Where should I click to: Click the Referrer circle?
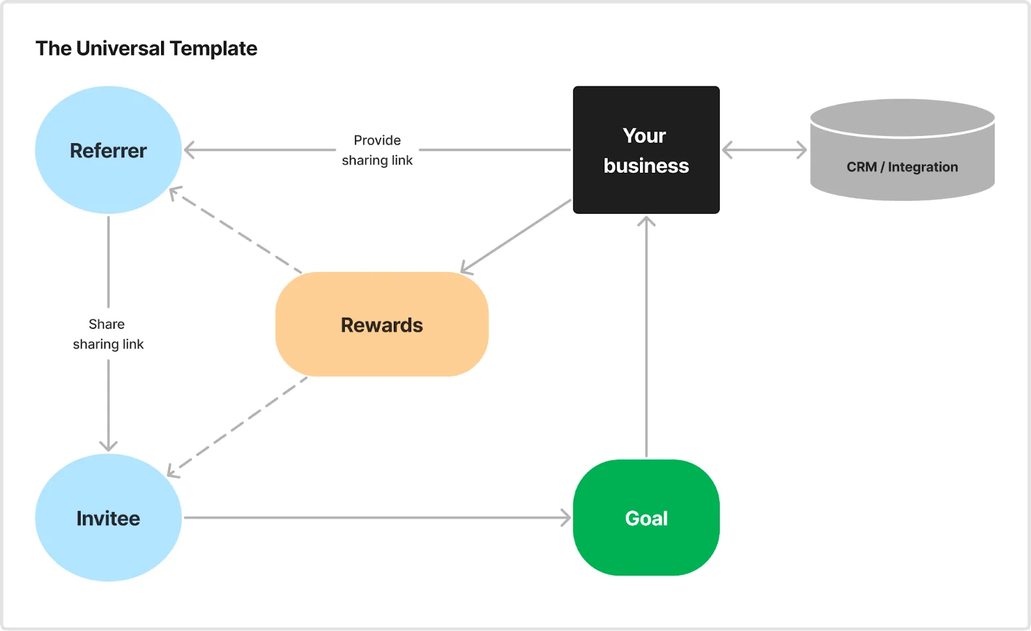[x=108, y=150]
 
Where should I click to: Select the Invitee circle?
[x=108, y=518]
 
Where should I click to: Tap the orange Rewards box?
[x=382, y=324]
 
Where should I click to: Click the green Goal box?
[x=646, y=518]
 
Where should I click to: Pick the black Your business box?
[x=646, y=150]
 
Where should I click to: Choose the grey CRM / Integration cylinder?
[x=902, y=150]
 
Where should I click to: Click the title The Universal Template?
[x=146, y=48]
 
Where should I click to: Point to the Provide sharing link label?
[x=377, y=150]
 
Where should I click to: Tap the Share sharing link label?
[x=108, y=334]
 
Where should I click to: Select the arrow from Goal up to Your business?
[x=646, y=336]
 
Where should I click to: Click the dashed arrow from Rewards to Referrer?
[x=235, y=229]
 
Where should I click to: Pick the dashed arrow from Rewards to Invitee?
[x=236, y=427]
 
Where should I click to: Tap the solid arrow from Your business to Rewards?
[x=515, y=237]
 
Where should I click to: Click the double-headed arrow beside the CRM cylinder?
[x=764, y=150]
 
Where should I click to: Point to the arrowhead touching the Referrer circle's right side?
[x=189, y=150]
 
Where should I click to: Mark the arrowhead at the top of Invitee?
[x=108, y=445]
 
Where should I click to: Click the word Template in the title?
[x=213, y=48]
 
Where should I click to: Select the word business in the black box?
[x=646, y=166]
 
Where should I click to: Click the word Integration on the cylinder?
[x=923, y=166]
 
